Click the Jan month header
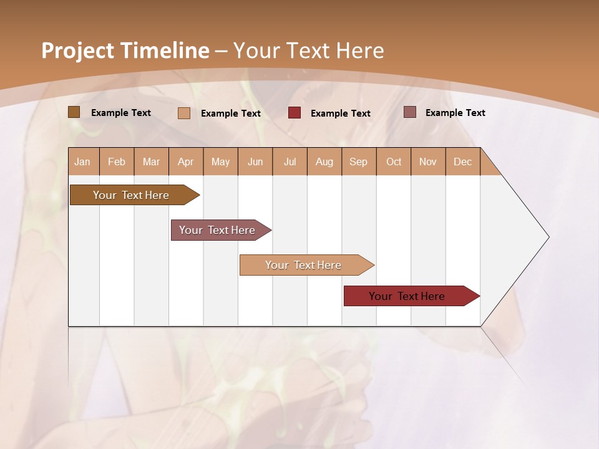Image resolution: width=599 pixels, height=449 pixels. click(x=83, y=162)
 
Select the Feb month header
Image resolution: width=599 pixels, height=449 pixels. click(x=117, y=162)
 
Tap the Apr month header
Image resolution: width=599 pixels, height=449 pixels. click(x=186, y=162)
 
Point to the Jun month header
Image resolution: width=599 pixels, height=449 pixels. click(x=255, y=162)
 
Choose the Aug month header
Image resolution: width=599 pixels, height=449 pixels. click(x=324, y=162)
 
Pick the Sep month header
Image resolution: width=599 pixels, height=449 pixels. click(x=359, y=162)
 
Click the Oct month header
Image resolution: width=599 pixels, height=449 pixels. click(x=394, y=162)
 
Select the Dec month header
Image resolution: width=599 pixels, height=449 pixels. click(x=463, y=162)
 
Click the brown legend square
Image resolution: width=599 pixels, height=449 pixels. click(x=74, y=112)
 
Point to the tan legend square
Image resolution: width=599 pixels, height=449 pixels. click(x=184, y=113)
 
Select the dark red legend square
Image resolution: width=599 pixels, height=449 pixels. click(x=295, y=113)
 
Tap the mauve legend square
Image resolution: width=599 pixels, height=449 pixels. click(x=409, y=112)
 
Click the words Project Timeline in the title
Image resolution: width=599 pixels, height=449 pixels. click(x=125, y=51)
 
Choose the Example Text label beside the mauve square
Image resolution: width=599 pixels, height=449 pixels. click(x=455, y=113)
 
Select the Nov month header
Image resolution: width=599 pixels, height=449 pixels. click(x=428, y=162)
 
